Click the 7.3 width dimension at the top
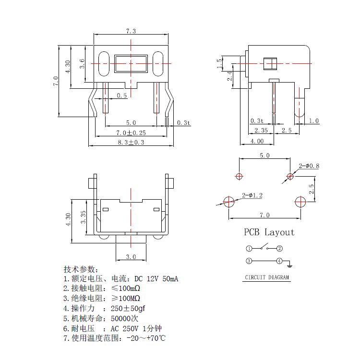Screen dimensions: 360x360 pos(131,31)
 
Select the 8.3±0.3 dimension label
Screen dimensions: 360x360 pos(131,143)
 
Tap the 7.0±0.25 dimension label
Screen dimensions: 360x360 pos(131,132)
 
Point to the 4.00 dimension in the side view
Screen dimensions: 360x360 pos(257,141)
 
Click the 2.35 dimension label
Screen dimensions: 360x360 pos(261,130)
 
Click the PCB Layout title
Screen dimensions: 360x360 pos(269,232)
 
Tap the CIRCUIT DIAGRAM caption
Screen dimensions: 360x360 pos(267,277)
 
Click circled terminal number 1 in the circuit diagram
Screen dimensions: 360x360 pos(249,249)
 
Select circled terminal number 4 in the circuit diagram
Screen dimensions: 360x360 pos(279,261)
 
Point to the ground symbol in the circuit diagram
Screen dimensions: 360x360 pos(290,264)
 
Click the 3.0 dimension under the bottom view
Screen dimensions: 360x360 pos(131,257)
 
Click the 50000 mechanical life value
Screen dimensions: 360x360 pos(124,318)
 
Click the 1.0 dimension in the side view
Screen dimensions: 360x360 pos(314,121)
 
